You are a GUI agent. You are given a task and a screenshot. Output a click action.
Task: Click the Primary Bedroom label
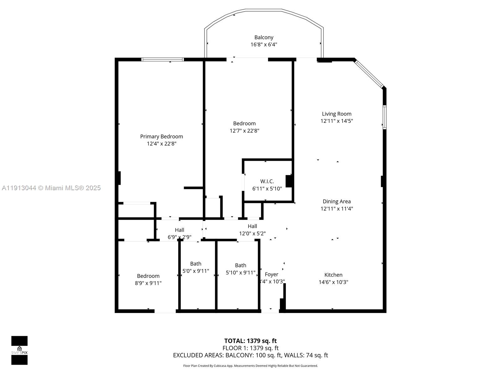pyautogui.click(x=161, y=137)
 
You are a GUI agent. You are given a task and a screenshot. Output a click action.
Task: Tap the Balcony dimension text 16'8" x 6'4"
pyautogui.click(x=264, y=44)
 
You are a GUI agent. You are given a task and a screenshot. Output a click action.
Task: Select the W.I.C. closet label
pyautogui.click(x=267, y=181)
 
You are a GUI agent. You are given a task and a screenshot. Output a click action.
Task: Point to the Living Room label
pyautogui.click(x=337, y=114)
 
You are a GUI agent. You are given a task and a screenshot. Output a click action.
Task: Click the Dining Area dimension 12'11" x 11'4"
pyautogui.click(x=337, y=209)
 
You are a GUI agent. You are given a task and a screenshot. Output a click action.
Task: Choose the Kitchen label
pyautogui.click(x=333, y=275)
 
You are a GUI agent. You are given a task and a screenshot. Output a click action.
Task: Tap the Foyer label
pyautogui.click(x=271, y=274)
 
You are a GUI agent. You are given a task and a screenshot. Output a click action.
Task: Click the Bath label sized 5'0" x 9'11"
pyautogui.click(x=196, y=264)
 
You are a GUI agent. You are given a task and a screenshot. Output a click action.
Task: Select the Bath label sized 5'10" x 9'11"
pyautogui.click(x=240, y=265)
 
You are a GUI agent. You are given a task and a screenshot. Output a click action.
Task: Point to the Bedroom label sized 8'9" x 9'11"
pyautogui.click(x=148, y=276)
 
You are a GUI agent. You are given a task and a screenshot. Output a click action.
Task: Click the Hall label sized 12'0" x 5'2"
pyautogui.click(x=252, y=226)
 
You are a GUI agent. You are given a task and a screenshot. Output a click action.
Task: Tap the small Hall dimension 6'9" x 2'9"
pyautogui.click(x=179, y=237)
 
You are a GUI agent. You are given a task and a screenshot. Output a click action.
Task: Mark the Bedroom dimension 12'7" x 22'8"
pyautogui.click(x=244, y=131)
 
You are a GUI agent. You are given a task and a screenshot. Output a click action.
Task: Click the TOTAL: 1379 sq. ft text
pyautogui.click(x=250, y=341)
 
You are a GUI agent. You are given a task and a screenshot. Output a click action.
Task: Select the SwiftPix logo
pyautogui.click(x=19, y=350)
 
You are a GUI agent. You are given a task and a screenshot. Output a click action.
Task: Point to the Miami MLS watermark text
pyautogui.click(x=51, y=188)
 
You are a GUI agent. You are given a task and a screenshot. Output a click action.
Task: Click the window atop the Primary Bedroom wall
pyautogui.click(x=162, y=60)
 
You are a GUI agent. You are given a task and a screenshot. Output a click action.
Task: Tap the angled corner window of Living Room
pyautogui.click(x=369, y=74)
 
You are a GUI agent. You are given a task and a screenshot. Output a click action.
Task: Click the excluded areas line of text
pyautogui.click(x=250, y=355)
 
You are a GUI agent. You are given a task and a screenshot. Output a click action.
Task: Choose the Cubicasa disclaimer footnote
pyautogui.click(x=250, y=366)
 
